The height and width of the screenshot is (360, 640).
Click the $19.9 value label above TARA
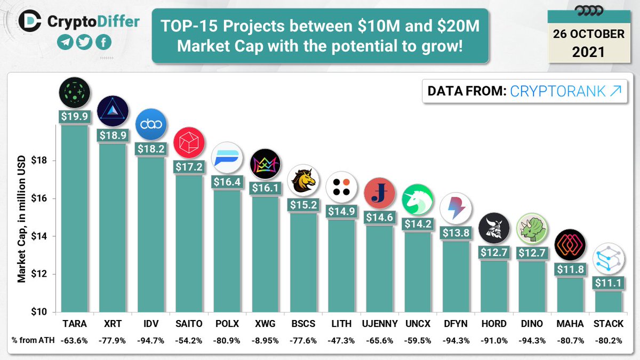(74, 117)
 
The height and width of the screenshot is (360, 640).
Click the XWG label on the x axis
(264, 324)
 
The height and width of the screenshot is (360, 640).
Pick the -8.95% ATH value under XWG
(264, 340)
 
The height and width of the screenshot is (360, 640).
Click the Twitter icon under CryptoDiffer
(83, 43)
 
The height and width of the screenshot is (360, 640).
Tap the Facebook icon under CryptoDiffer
(102, 43)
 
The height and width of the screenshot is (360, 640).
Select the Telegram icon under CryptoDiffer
(65, 43)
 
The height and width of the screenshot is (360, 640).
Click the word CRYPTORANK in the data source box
(558, 91)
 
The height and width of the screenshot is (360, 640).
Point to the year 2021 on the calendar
(588, 52)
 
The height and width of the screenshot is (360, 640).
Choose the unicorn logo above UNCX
(417, 198)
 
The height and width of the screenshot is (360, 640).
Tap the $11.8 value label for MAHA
(570, 269)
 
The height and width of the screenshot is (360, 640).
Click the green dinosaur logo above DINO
(532, 228)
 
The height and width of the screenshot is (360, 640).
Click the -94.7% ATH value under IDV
(150, 340)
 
